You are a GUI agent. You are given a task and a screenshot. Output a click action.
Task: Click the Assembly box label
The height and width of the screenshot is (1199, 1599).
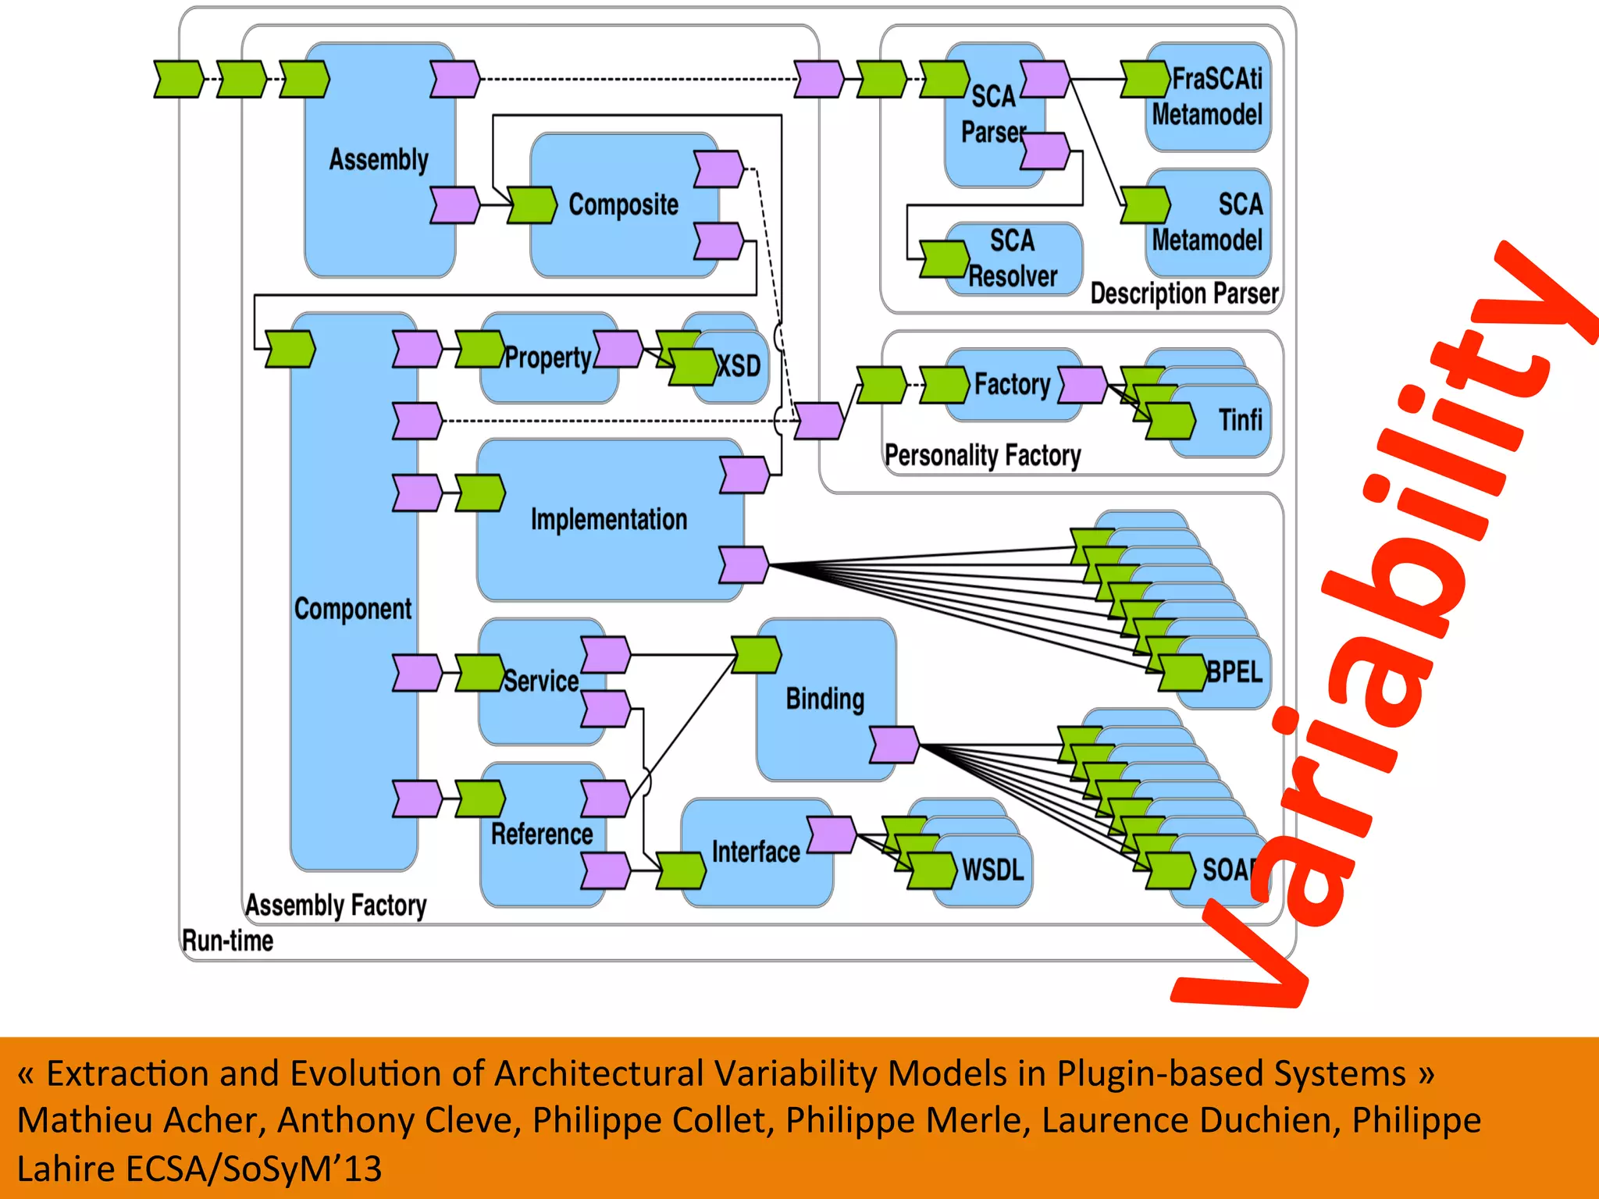379,160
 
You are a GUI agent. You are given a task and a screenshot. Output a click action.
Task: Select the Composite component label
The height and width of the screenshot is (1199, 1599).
623,205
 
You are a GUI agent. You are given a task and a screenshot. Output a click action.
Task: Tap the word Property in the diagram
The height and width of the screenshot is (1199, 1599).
547,358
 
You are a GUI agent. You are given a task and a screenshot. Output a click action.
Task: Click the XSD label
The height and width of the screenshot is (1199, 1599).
739,366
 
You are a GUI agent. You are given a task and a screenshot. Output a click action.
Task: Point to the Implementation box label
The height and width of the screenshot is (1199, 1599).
609,520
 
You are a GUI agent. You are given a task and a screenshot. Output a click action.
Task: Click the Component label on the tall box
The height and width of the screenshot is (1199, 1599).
353,609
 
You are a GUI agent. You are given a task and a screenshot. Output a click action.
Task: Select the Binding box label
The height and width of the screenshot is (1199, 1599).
825,699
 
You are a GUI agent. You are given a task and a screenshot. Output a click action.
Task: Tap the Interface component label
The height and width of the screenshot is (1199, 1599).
756,852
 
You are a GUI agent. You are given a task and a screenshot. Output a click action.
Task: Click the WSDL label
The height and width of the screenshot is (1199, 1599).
992,870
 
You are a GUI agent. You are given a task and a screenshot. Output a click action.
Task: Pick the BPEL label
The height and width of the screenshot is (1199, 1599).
1234,672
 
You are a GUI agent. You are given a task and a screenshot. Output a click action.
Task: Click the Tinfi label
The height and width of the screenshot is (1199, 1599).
1240,421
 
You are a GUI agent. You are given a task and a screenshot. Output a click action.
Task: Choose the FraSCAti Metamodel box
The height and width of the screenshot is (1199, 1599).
1208,97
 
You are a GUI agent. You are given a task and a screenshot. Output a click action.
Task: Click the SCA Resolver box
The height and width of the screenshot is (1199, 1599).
1013,258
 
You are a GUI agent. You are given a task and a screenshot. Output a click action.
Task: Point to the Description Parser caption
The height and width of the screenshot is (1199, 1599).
1184,294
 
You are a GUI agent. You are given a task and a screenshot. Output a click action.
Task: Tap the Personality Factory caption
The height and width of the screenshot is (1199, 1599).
982,455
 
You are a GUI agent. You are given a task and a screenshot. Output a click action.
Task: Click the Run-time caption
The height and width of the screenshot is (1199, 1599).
227,941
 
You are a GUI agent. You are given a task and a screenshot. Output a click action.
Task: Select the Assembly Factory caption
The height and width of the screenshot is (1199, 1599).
336,905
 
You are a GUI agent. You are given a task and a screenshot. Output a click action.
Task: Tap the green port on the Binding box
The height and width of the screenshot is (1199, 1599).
756,655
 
